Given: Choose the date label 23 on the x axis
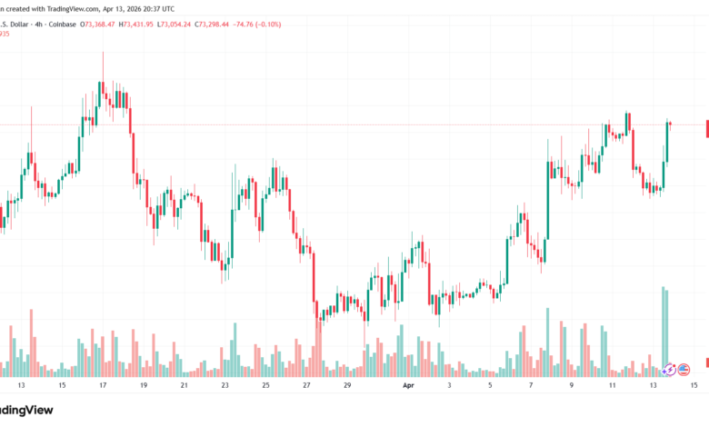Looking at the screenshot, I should (x=225, y=385).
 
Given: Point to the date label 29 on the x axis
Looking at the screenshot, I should (x=347, y=385).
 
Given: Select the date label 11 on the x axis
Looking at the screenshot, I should (x=613, y=385).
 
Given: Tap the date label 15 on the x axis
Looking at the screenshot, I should (x=694, y=385).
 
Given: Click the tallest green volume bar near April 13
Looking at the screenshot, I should (x=664, y=332).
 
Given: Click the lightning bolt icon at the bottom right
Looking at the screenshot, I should (x=671, y=370).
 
